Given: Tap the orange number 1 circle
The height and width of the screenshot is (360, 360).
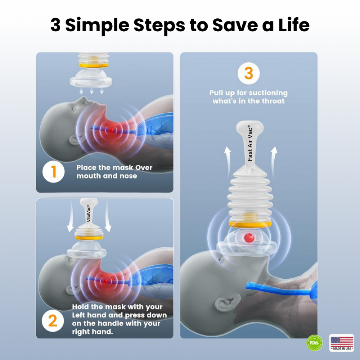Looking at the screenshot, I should [54, 172].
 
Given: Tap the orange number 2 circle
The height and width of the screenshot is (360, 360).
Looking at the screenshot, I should [53, 320].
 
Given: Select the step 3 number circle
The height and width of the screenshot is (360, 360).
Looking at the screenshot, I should [249, 73].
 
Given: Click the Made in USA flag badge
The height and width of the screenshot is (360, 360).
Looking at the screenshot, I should [342, 342].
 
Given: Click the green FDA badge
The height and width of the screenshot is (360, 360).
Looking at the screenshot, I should [315, 343].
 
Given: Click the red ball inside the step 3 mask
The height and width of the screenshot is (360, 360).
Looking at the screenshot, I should [248, 238].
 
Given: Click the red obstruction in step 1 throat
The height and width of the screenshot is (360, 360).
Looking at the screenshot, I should [112, 130].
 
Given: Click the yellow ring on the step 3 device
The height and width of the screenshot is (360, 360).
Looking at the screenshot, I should [250, 224].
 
